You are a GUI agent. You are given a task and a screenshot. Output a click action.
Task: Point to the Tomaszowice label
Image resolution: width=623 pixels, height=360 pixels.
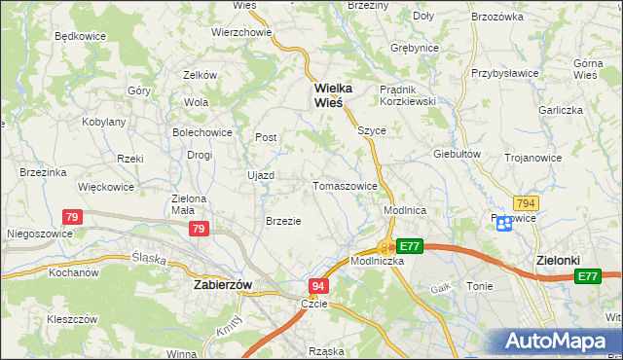point(345,186)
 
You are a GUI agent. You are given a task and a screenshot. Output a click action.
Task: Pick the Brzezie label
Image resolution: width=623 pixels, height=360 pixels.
point(283,221)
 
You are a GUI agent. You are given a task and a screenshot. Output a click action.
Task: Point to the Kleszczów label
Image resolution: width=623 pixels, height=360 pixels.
point(71,318)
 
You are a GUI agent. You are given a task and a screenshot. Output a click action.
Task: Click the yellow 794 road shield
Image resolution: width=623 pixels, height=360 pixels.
point(526,202)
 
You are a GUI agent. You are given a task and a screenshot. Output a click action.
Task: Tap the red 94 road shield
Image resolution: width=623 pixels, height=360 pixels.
point(318,286)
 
